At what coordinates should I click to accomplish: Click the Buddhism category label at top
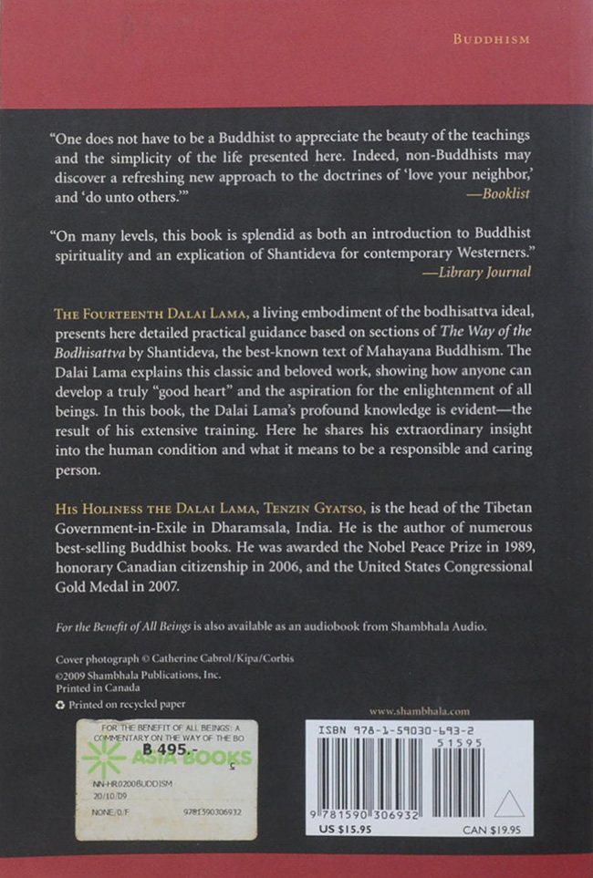[x=492, y=39]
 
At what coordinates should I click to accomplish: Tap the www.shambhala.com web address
[x=420, y=710]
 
